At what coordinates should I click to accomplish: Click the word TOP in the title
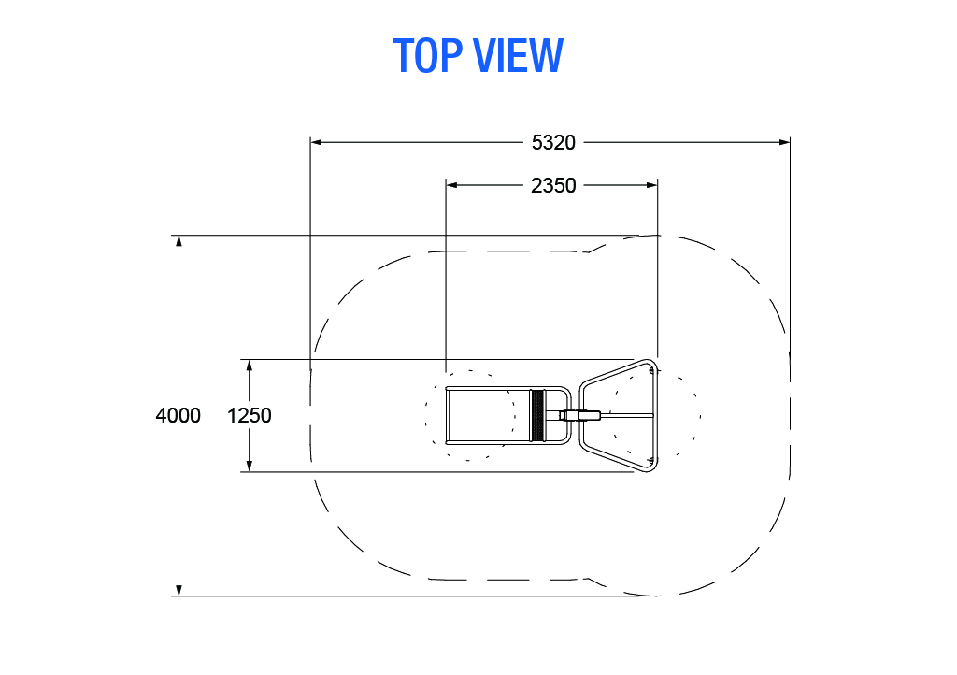[427, 55]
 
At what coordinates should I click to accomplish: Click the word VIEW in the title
[518, 55]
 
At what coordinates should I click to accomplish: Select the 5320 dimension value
[553, 142]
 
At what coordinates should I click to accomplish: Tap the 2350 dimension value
[553, 185]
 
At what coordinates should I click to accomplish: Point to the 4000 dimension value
[178, 415]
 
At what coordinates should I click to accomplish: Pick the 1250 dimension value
[249, 415]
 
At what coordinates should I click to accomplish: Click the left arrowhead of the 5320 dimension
[316, 142]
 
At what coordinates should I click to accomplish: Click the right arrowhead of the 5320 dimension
[784, 142]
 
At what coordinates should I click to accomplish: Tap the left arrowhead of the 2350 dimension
[451, 185]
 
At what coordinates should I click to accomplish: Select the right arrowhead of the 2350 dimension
[651, 185]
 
